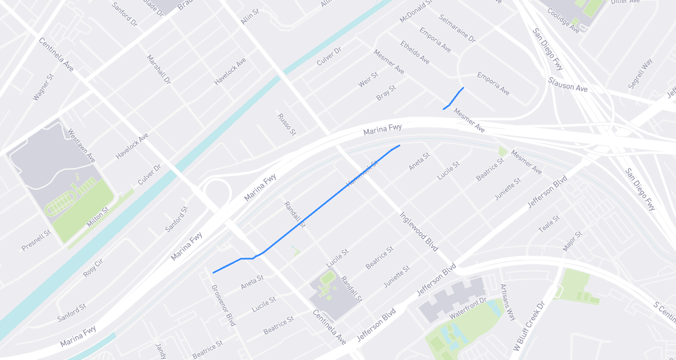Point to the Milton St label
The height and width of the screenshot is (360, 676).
[98, 217]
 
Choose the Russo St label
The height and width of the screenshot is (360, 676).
[287, 124]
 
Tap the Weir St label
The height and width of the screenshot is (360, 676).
[368, 79]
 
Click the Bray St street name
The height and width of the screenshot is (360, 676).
[386, 93]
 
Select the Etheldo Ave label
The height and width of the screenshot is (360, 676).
[415, 52]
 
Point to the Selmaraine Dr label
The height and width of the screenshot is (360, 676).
[457, 29]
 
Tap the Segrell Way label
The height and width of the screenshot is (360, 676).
[640, 73]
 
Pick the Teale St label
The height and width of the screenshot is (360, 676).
[549, 224]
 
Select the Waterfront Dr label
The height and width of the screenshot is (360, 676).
[468, 307]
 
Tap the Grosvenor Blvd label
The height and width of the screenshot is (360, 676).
[223, 304]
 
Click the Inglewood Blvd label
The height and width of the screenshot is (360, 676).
[419, 232]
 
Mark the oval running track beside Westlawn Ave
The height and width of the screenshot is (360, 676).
[62, 205]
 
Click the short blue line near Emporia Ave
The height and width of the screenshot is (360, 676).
[454, 98]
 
